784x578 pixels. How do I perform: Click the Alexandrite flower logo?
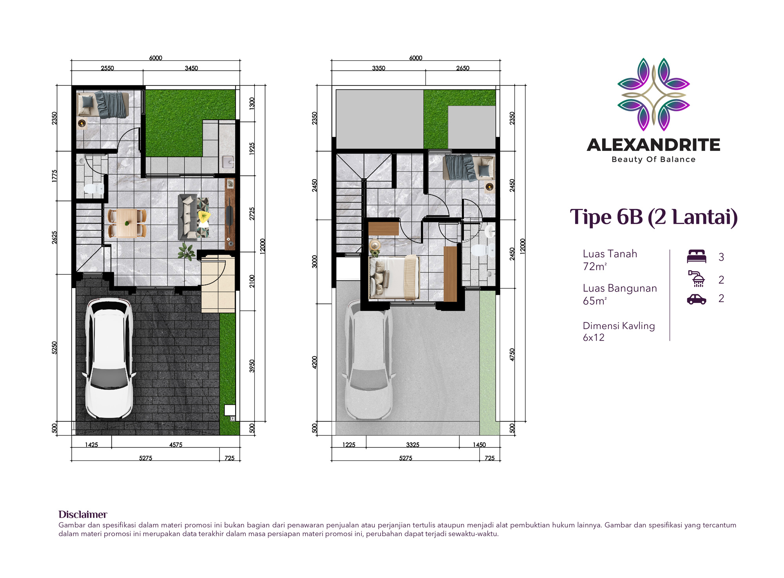pyautogui.click(x=653, y=94)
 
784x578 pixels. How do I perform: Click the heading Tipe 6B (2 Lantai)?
pyautogui.click(x=653, y=217)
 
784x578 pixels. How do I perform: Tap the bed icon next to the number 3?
pyautogui.click(x=697, y=256)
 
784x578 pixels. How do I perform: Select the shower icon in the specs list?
pyautogui.click(x=697, y=279)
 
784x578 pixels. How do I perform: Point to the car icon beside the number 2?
pyautogui.click(x=697, y=299)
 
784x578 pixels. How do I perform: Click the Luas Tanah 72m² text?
pyautogui.click(x=610, y=260)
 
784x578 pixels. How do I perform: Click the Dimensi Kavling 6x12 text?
pyautogui.click(x=619, y=332)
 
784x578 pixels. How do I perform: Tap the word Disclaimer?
pyautogui.click(x=83, y=515)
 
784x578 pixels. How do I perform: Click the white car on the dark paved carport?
pyautogui.click(x=109, y=359)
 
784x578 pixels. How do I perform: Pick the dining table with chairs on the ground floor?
pyautogui.click(x=127, y=223)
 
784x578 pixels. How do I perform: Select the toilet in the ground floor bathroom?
pyautogui.click(x=93, y=189)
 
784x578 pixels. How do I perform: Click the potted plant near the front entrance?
pyautogui.click(x=187, y=251)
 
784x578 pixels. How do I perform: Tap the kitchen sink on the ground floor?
pyautogui.click(x=228, y=161)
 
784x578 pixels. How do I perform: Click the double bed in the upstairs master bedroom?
pyautogui.click(x=394, y=277)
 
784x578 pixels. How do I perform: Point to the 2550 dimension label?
pyautogui.click(x=107, y=68)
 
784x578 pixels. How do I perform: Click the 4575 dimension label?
pyautogui.click(x=176, y=445)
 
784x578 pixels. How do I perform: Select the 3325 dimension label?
pyautogui.click(x=413, y=445)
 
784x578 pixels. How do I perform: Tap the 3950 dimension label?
pyautogui.click(x=252, y=366)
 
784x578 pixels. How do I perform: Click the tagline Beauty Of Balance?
pyautogui.click(x=653, y=159)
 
